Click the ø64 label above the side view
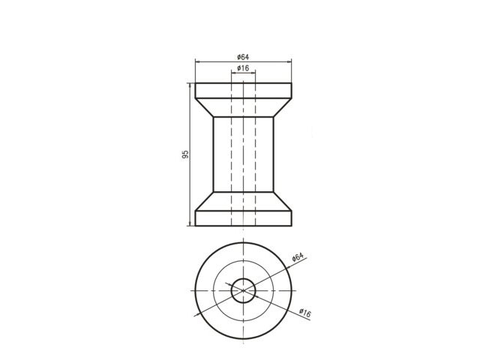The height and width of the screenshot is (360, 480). coord(243,57)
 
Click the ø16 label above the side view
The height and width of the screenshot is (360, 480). coord(243,68)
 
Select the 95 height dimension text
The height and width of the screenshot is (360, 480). coord(185,154)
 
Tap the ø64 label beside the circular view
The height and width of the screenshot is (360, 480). coord(298,257)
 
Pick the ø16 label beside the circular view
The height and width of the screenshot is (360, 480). coord(305,313)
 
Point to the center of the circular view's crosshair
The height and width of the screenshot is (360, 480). coord(243,290)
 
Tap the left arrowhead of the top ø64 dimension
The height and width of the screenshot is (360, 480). coord(197,62)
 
